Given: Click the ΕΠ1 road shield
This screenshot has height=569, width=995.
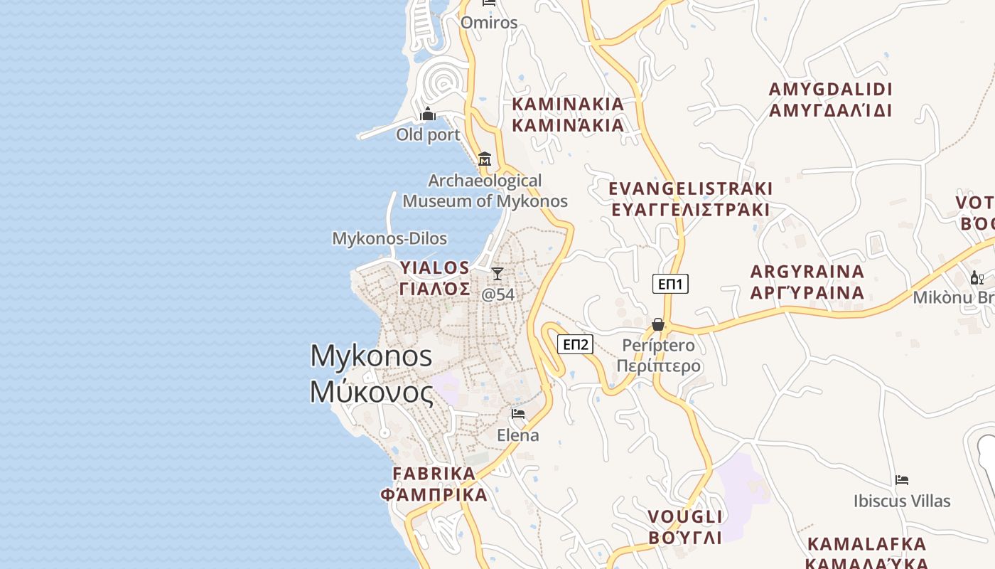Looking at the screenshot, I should click(670, 284).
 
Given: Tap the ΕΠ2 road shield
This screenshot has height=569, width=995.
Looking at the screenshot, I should click(575, 345).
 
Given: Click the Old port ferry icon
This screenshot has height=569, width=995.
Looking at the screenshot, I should click(428, 114).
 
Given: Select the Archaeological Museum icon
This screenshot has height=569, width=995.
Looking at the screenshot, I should click(485, 159).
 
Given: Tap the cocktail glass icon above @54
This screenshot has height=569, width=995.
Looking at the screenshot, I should click(497, 274).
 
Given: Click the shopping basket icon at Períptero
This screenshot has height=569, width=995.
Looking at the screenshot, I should click(658, 324).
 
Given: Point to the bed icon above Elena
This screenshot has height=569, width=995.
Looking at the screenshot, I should click(518, 413).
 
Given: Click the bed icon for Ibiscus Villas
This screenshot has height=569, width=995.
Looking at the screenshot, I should click(902, 480).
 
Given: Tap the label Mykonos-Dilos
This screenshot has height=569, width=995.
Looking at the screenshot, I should click(389, 238).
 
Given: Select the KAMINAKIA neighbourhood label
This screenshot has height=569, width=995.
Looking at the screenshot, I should click(568, 115).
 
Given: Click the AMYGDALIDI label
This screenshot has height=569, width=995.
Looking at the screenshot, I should click(830, 100).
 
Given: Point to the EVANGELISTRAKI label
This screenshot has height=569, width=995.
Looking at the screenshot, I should click(691, 199).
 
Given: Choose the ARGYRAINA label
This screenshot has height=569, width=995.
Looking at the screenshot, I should click(807, 282).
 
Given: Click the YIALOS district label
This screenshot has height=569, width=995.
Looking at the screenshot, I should click(434, 278).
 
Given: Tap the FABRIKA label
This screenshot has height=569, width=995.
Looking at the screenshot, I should click(434, 484).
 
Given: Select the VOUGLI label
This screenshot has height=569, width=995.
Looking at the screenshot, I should click(684, 526).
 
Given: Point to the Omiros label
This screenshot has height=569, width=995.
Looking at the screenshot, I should click(489, 23).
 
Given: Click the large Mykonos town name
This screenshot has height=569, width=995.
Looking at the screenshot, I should click(371, 373).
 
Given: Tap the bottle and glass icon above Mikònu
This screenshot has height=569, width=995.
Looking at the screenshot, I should click(977, 278).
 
